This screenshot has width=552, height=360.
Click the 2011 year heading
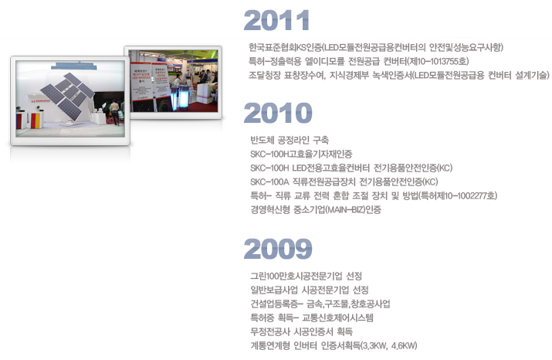coord(276,20)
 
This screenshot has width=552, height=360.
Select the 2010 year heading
coord(278,113)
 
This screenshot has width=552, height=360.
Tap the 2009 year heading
coord(278,249)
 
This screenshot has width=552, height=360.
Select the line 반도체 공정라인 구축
coord(290,140)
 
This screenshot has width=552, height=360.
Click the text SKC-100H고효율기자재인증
coord(301,154)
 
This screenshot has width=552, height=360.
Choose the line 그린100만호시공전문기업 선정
coord(306,276)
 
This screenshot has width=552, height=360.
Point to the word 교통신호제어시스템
coord(337,318)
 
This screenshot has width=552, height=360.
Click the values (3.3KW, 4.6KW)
coord(389,345)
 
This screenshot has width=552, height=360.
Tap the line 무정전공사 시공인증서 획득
coord(301,331)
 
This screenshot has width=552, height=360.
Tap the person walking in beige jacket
coord(115,112)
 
